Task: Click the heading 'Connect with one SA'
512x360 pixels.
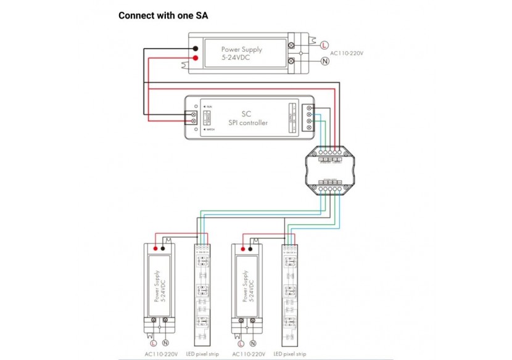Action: pos(163,15)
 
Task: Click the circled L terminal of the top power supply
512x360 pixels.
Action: pos(325,44)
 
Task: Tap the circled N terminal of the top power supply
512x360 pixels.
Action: pos(325,62)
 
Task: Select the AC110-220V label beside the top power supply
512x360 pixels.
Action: pos(348,54)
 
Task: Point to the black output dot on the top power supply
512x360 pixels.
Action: pos(196,48)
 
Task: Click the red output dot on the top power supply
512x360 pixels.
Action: pos(196,59)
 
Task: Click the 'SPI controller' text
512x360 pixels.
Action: pos(247,123)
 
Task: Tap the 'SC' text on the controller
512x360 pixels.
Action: pos(247,113)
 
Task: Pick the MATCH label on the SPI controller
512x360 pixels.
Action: pos(209,131)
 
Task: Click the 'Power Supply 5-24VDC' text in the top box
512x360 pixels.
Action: pos(242,53)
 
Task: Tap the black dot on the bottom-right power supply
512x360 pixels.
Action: pos(252,249)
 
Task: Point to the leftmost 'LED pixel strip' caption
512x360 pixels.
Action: pos(202,354)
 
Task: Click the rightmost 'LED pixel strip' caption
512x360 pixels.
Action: pos(289,354)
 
